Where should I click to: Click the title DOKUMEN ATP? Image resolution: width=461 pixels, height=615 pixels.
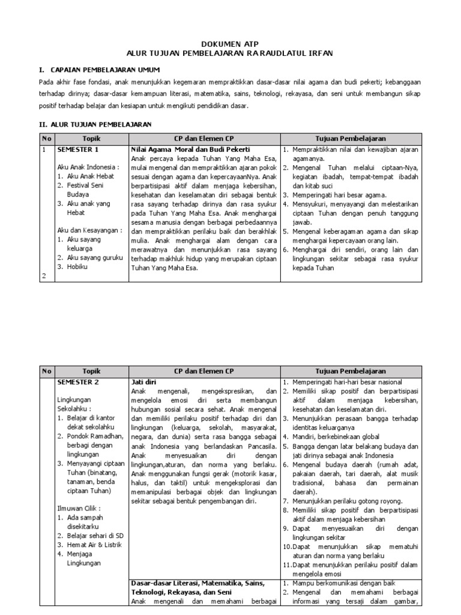(x=230, y=44)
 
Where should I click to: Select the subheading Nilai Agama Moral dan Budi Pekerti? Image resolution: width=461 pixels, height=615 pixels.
(x=190, y=149)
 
